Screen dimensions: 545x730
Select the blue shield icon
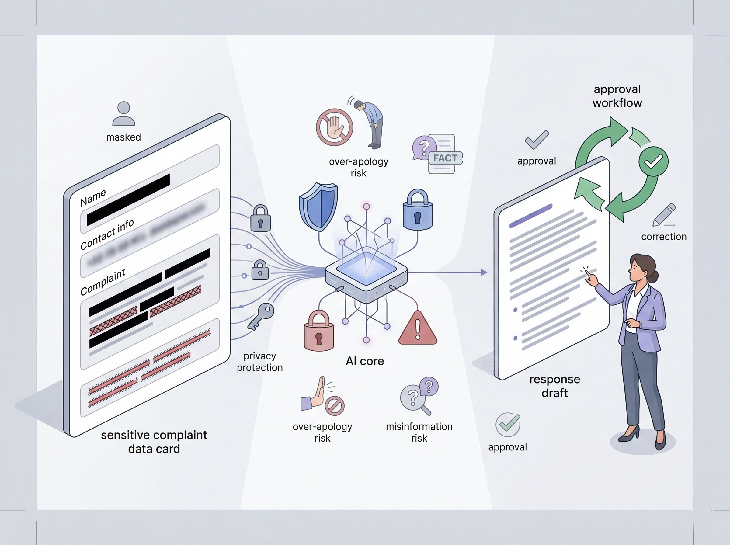point(318,207)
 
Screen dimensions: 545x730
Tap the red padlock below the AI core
point(319,331)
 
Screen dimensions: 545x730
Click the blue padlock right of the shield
point(418,210)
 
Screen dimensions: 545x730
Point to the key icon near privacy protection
point(261,316)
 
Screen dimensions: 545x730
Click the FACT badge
point(445,158)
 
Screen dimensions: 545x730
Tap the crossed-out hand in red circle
point(335,127)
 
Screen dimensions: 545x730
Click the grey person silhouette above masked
point(124,113)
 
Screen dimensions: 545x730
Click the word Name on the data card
point(93,197)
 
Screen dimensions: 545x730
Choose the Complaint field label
point(103,282)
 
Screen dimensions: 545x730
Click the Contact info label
point(107,234)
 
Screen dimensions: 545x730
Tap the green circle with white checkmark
point(653,162)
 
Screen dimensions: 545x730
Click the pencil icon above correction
point(664,215)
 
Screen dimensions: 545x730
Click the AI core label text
point(364,361)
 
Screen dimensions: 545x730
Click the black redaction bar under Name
point(128,200)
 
